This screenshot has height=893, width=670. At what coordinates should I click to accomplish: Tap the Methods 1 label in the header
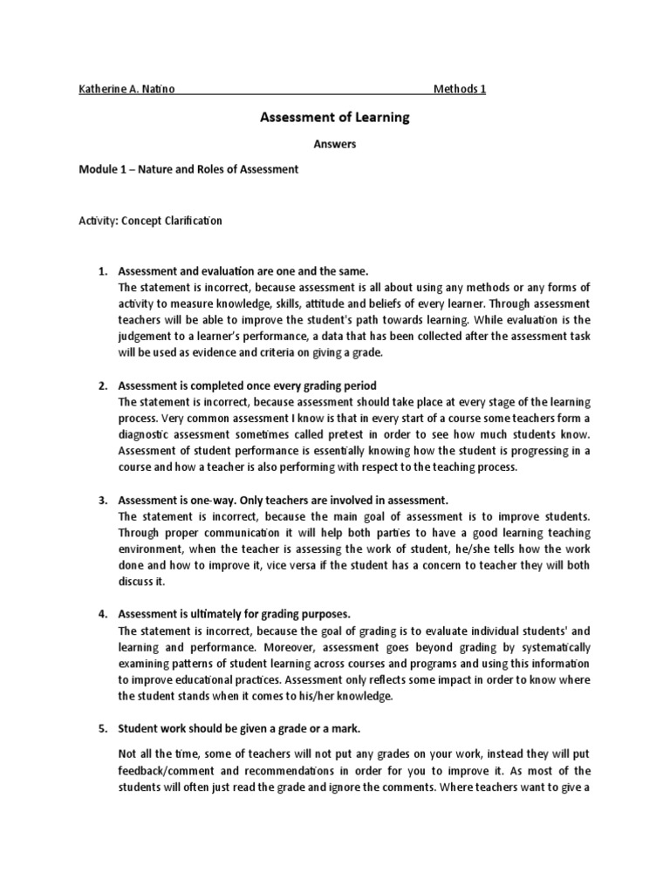click(460, 89)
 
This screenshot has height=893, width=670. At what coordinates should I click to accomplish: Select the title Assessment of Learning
click(334, 117)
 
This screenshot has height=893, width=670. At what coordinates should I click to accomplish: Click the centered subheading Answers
click(334, 144)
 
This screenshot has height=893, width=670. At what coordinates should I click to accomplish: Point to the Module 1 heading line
click(188, 169)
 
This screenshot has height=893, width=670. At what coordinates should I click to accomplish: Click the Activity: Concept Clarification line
click(150, 221)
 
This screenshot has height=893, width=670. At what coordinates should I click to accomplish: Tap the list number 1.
click(101, 272)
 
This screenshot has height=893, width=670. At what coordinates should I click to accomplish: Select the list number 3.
click(101, 500)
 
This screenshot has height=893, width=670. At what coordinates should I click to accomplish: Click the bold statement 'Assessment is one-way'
click(283, 500)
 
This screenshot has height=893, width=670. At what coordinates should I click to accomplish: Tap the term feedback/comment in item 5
click(171, 771)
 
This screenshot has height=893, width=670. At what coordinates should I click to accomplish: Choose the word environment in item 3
click(153, 549)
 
